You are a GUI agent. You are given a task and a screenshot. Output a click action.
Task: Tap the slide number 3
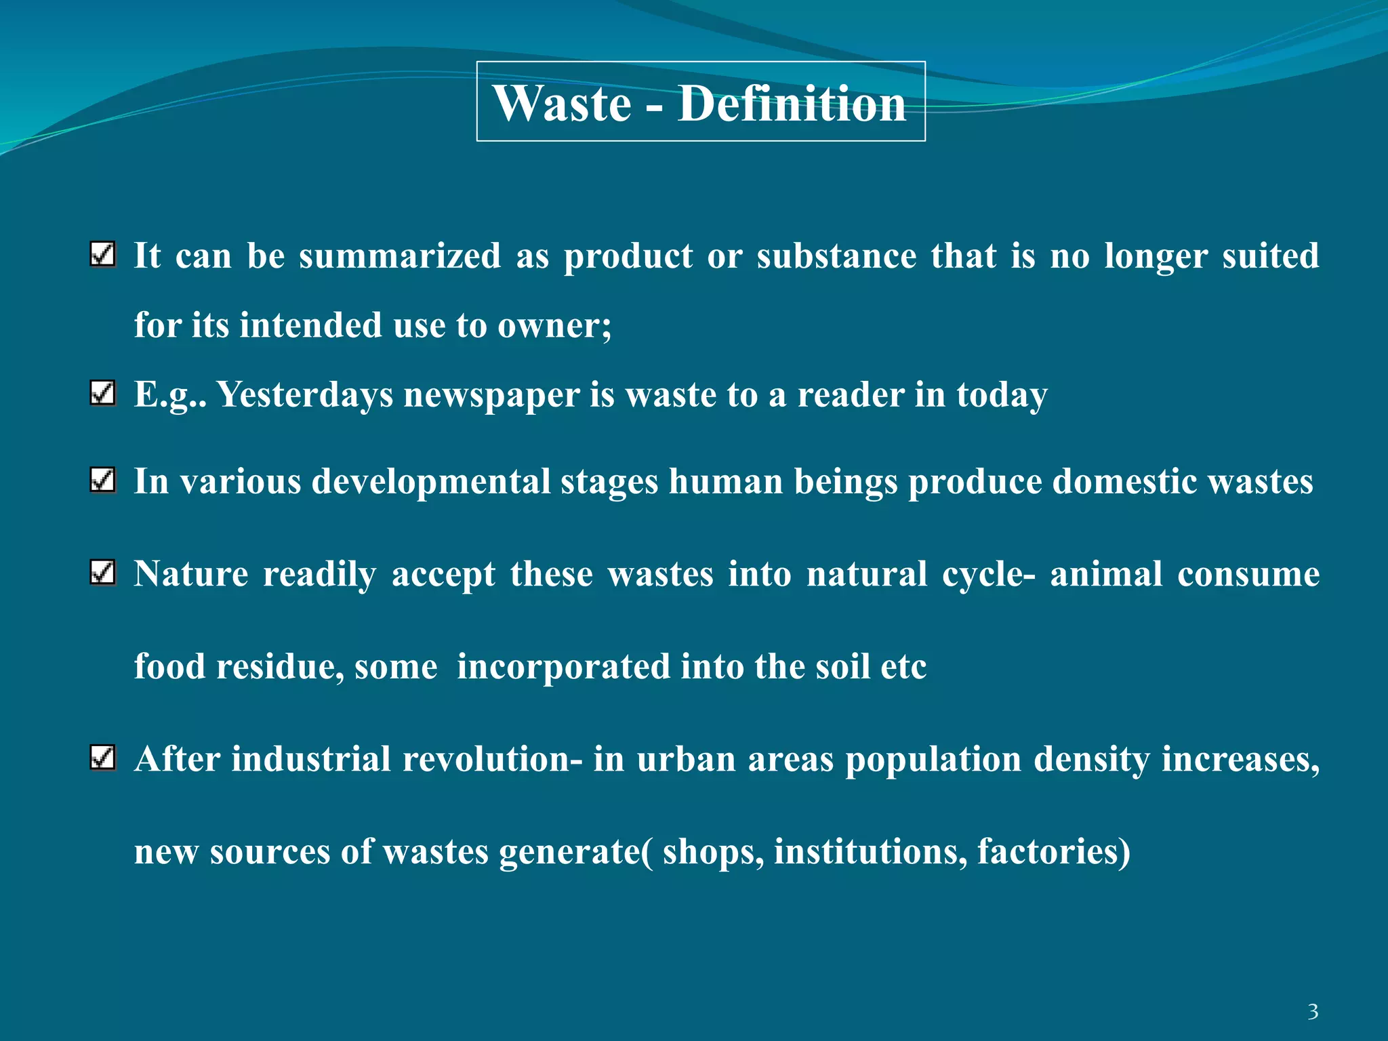1313,1012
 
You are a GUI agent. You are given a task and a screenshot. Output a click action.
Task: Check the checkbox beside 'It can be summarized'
102,255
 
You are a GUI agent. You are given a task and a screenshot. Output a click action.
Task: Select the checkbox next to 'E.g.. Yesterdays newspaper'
102,393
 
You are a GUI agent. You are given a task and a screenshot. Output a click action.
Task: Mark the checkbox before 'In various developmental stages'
102,481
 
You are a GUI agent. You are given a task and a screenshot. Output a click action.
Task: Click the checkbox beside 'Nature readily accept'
102,573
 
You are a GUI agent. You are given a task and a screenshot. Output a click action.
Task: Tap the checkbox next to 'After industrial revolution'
102,758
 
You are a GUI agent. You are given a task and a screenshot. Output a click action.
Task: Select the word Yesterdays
305,395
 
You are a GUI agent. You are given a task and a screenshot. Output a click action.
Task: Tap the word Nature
191,574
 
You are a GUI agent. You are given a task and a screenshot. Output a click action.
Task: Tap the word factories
1049,852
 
